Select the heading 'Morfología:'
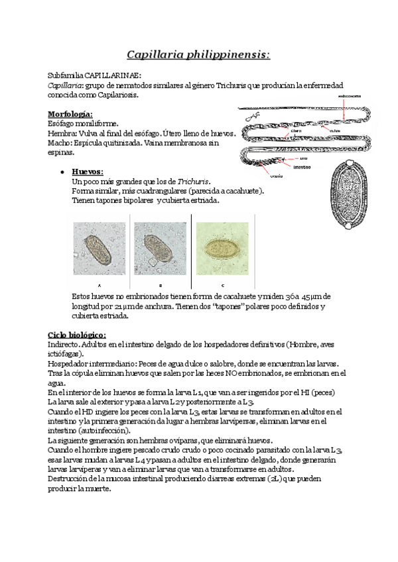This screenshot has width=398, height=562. click(70, 114)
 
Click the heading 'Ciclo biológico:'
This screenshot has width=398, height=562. click(77, 335)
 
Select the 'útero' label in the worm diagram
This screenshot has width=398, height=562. click(297, 131)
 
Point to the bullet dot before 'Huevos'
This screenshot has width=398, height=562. click(62, 171)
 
